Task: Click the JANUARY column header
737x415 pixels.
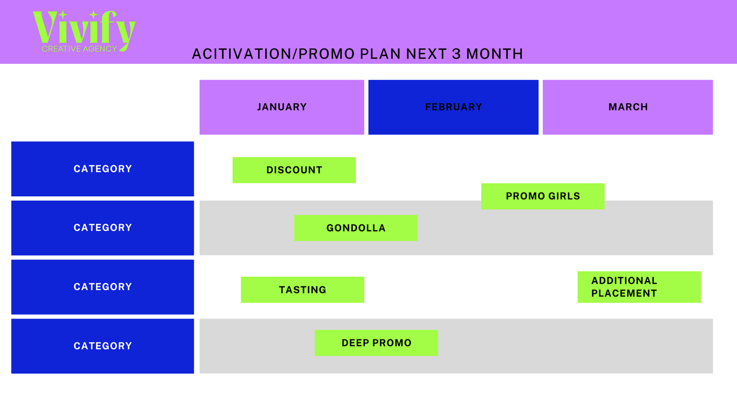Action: click(281, 107)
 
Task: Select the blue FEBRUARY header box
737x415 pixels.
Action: click(453, 107)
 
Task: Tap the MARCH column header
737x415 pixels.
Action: click(628, 107)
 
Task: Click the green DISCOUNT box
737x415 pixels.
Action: click(294, 170)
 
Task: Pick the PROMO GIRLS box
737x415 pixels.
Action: click(543, 196)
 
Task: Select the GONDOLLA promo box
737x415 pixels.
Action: click(356, 228)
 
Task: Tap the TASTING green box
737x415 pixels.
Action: click(302, 290)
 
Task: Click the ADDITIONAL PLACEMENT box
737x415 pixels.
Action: click(639, 287)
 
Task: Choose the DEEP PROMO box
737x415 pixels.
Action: click(376, 343)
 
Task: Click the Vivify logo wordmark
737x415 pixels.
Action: click(84, 28)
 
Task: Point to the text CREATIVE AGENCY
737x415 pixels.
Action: click(79, 49)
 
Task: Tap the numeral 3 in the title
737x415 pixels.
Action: click(456, 54)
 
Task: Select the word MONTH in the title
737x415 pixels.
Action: click(495, 54)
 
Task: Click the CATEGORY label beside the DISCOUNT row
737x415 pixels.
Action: click(103, 169)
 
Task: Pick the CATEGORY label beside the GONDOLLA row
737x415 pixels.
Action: click(103, 228)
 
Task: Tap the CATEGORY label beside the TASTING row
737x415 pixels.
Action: click(103, 287)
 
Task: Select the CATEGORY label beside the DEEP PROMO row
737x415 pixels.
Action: click(103, 346)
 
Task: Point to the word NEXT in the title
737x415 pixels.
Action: click(426, 54)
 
